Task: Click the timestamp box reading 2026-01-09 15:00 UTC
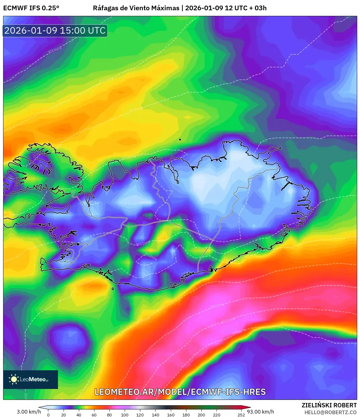click(55, 31)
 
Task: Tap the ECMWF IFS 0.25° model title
click(31, 8)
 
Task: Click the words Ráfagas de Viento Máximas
click(136, 8)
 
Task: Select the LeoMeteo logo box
click(31, 379)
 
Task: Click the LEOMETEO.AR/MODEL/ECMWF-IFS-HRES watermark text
click(180, 392)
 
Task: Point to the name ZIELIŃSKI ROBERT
click(329, 405)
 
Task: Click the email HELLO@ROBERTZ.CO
click(330, 412)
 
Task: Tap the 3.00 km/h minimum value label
click(29, 412)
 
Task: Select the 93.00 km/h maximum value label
click(261, 412)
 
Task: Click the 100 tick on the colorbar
click(125, 415)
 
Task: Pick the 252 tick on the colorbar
click(241, 415)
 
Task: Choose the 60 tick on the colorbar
click(94, 415)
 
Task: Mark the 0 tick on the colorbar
click(48, 415)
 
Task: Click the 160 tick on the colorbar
click(170, 415)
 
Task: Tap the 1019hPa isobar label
click(55, 50)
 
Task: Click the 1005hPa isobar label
click(217, 306)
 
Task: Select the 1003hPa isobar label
click(228, 320)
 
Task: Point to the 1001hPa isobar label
click(239, 332)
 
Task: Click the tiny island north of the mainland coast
click(180, 140)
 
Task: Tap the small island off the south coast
click(113, 289)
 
